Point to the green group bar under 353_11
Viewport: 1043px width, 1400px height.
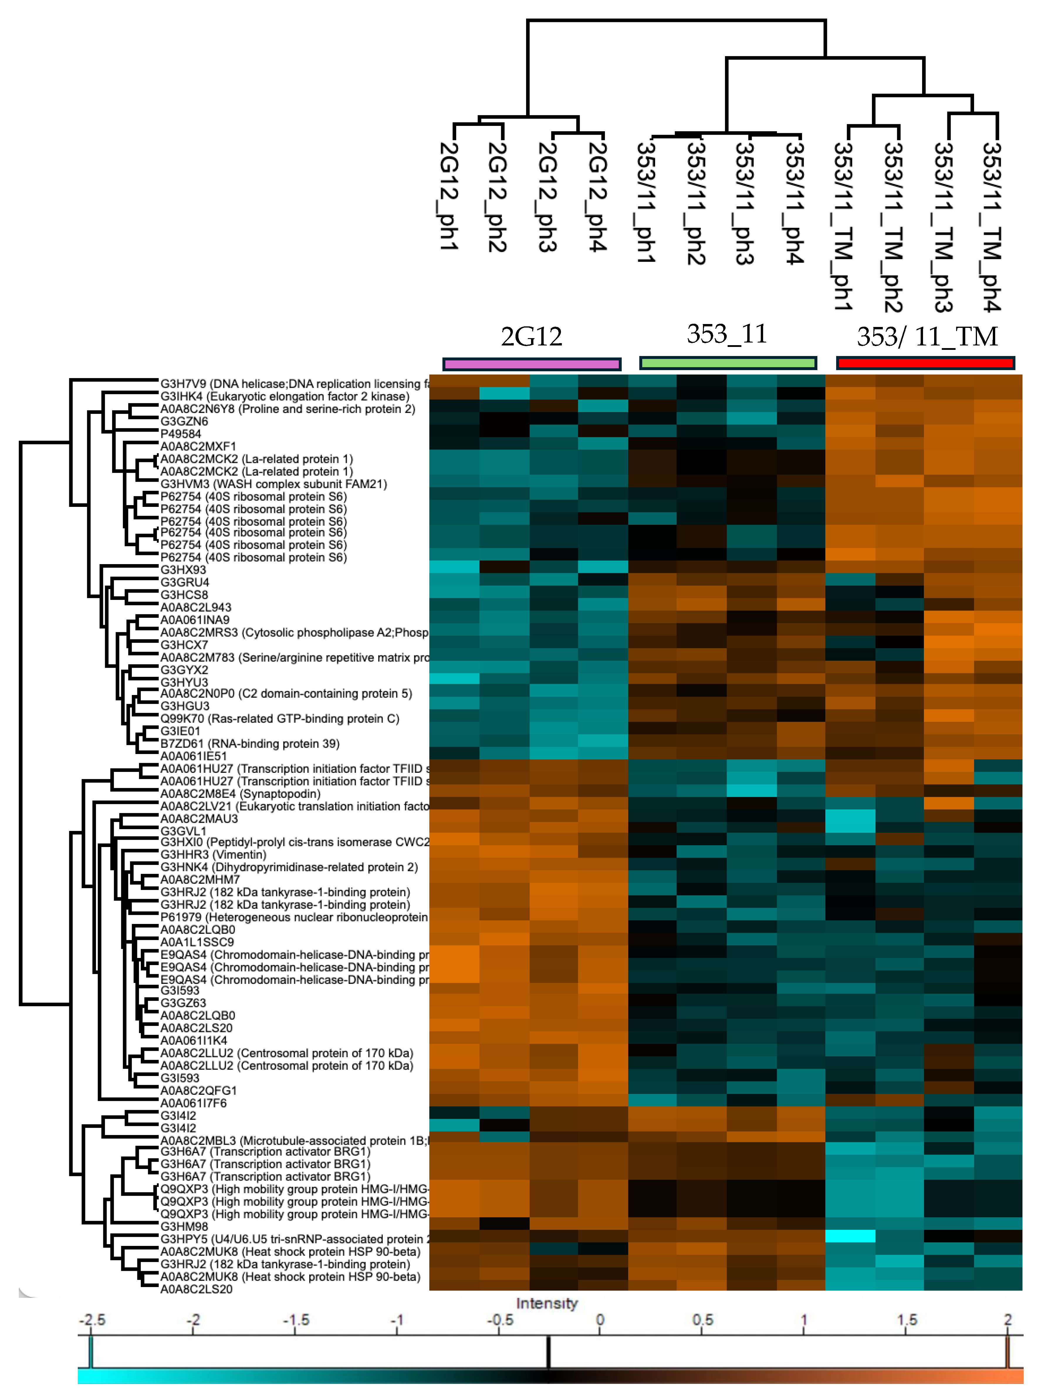click(728, 363)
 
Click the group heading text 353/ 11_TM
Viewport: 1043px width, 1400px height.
click(927, 337)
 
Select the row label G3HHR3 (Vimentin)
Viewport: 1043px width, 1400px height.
click(213, 854)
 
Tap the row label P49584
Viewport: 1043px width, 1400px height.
click(180, 434)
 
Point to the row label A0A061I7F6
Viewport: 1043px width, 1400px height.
click(193, 1103)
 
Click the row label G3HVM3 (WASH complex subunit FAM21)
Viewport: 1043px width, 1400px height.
click(273, 484)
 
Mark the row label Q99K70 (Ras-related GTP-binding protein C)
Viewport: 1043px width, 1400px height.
click(280, 718)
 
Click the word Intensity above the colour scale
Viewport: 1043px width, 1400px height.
click(547, 1303)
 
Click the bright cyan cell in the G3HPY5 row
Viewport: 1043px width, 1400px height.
click(850, 1236)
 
